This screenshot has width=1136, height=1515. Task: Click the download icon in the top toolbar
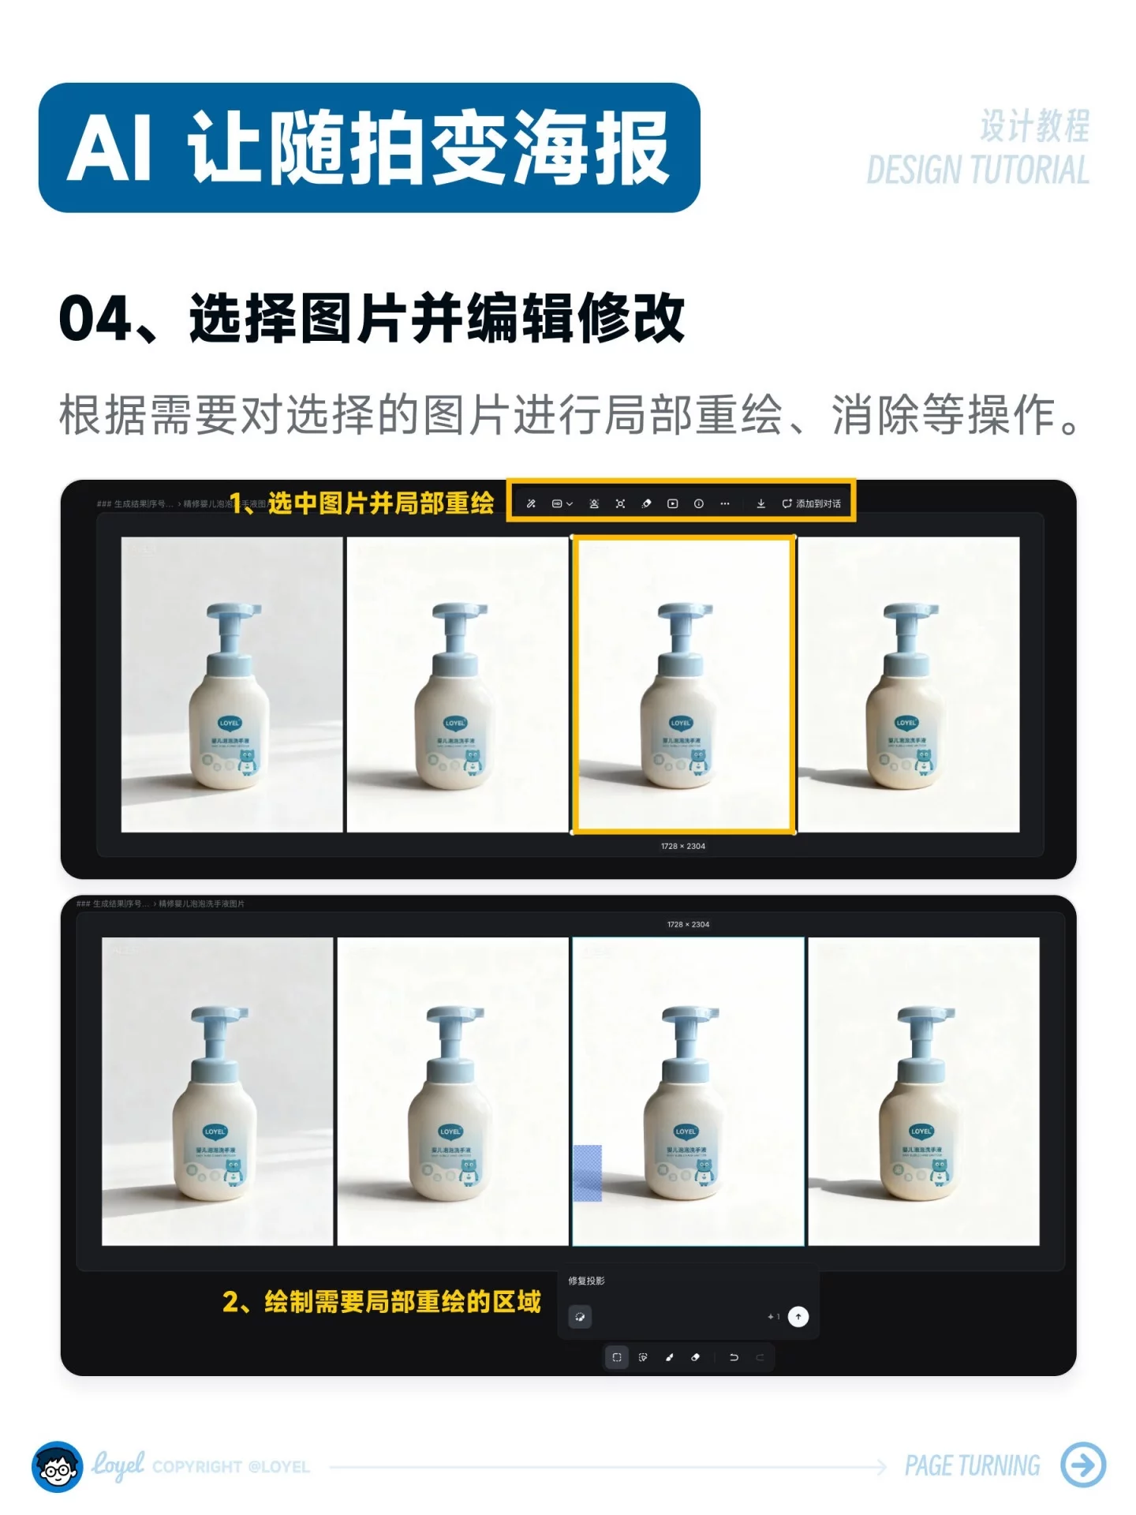coord(760,503)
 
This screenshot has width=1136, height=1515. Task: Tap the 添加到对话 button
coord(812,503)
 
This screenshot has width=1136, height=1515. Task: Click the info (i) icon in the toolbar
coord(698,503)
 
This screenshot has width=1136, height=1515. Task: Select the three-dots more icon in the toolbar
coord(724,503)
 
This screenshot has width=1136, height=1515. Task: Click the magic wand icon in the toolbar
coord(531,503)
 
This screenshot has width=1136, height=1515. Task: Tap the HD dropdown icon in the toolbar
coord(561,503)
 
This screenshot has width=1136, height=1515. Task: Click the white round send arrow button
coord(798,1316)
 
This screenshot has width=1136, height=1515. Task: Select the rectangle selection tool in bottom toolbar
coord(617,1357)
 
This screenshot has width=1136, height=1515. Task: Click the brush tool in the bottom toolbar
coord(669,1357)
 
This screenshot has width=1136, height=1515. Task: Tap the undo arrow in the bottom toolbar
coord(734,1357)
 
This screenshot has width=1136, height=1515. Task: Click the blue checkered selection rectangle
coord(587,1173)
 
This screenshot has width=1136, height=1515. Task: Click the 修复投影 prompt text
coord(586,1281)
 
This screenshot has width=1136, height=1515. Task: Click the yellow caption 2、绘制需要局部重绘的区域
coord(382,1301)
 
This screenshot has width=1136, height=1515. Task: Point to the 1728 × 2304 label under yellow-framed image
coord(683,846)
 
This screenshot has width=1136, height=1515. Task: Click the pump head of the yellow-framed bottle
coord(685,612)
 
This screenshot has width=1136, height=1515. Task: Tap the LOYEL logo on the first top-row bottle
coord(230,722)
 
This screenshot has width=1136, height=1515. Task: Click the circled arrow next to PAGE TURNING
coord(1083,1464)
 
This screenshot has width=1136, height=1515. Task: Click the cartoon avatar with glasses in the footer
coord(57,1466)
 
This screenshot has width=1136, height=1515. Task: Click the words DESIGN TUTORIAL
coord(977,170)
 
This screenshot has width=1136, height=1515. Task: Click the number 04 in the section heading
coord(95,319)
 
